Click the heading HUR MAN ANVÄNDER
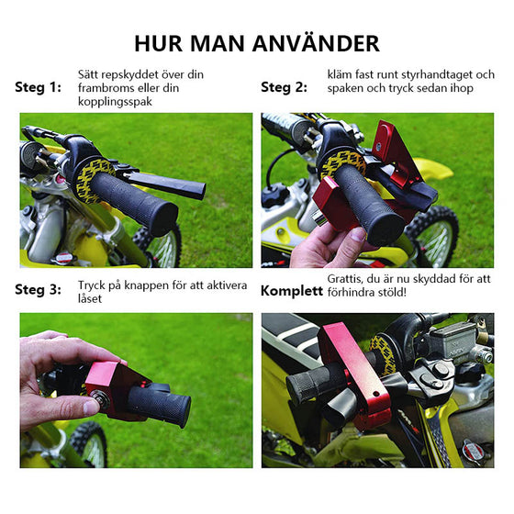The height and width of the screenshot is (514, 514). (x=256, y=43)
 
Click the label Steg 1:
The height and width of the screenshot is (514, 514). (x=39, y=87)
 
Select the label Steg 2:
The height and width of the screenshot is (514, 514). (x=284, y=87)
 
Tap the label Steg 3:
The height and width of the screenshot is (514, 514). (x=39, y=289)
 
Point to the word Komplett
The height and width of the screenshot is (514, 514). (x=291, y=291)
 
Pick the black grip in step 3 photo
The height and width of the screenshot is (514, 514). (x=161, y=404)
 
